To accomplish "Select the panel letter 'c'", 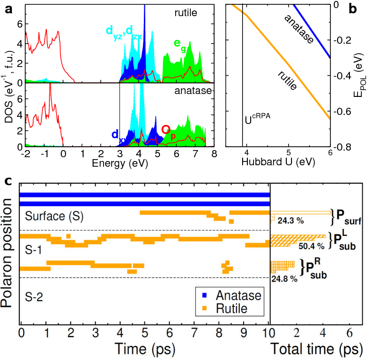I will pyautogui.click(x=8, y=182).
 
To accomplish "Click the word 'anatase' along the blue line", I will pyautogui.click(x=299, y=29).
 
